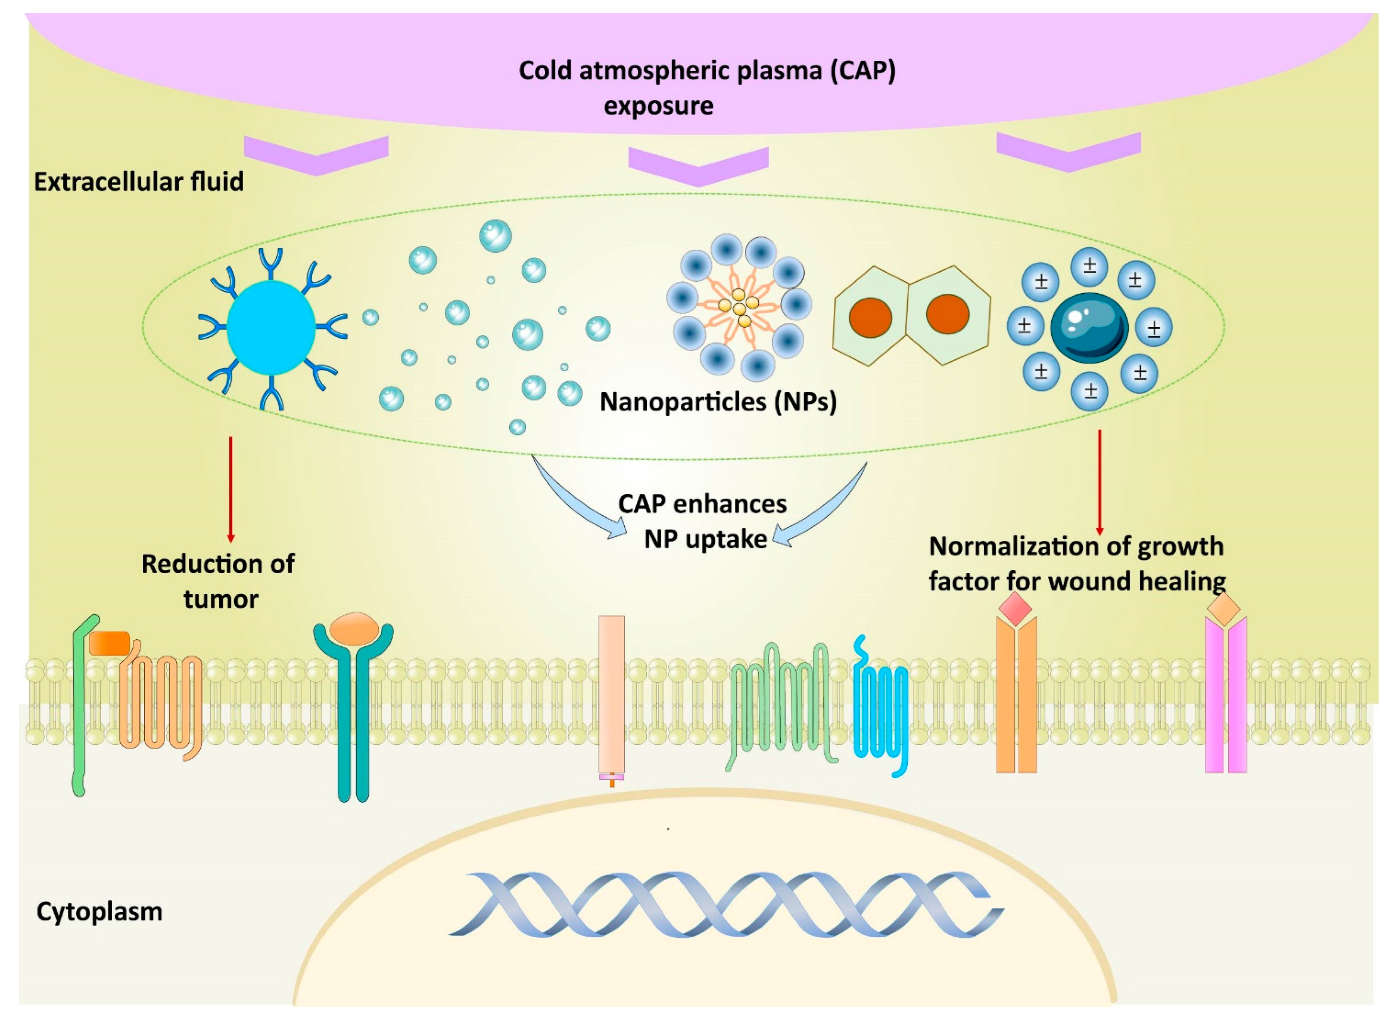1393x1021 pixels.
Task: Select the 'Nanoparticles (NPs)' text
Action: [x=718, y=402]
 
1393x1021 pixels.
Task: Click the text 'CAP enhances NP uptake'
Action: [x=703, y=521]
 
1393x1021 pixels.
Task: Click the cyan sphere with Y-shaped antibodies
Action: [x=271, y=327]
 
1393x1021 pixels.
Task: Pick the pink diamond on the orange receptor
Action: [x=1015, y=609]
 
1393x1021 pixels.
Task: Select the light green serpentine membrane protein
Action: [x=780, y=704]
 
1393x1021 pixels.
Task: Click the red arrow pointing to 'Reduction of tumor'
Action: [x=230, y=488]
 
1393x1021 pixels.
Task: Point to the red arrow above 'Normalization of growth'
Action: [x=1100, y=482]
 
